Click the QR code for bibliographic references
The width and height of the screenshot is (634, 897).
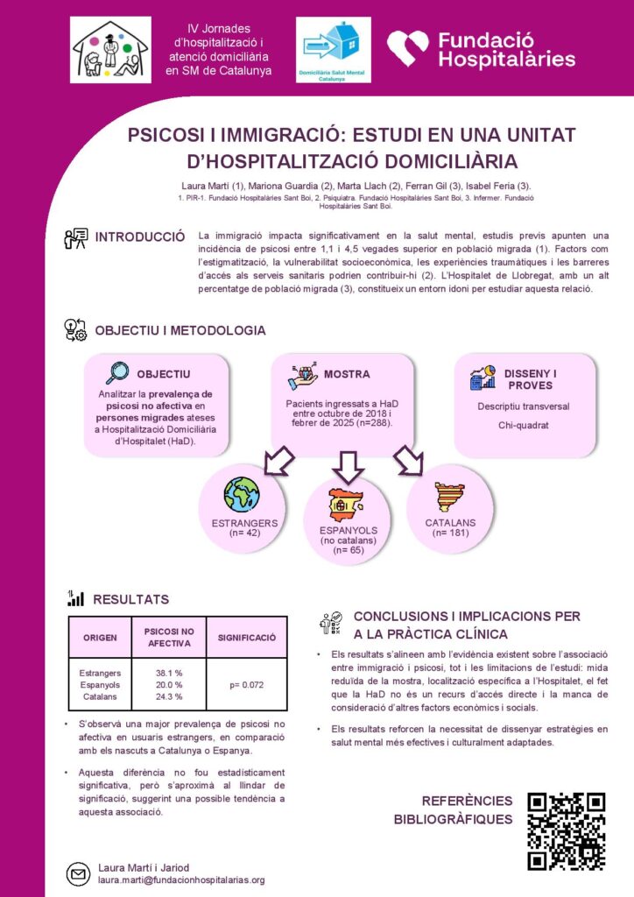(x=566, y=831)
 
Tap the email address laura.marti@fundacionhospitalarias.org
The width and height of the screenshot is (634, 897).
(x=180, y=879)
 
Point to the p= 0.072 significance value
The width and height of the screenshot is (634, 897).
(x=247, y=684)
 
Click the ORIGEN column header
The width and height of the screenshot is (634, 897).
(x=100, y=638)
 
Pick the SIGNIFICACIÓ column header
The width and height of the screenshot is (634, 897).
(x=247, y=638)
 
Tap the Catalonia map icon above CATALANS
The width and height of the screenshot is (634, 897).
(x=450, y=498)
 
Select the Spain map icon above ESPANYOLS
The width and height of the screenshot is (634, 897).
(x=347, y=505)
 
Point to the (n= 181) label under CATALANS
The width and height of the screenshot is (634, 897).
(x=450, y=533)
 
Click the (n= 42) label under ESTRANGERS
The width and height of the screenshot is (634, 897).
(x=244, y=533)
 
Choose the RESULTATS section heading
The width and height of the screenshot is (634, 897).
(x=131, y=600)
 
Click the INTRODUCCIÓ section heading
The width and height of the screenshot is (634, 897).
(x=140, y=237)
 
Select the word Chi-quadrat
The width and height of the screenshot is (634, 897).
(x=511, y=426)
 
